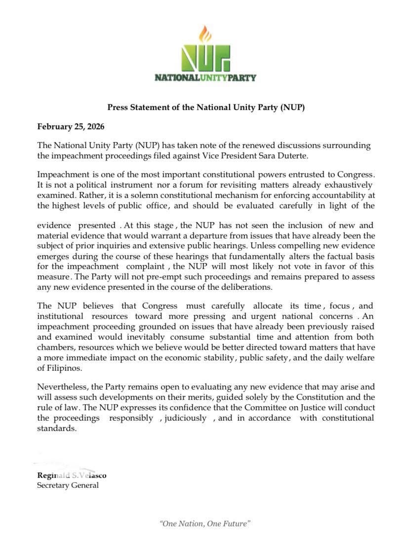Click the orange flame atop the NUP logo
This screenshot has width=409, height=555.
click(205, 34)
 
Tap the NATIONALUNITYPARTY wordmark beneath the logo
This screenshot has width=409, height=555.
click(205, 78)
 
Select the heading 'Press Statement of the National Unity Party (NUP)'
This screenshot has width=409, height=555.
click(206, 107)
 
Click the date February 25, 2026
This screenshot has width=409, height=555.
click(71, 126)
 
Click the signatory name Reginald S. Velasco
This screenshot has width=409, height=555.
click(72, 475)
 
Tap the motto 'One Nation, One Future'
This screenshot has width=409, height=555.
click(205, 523)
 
